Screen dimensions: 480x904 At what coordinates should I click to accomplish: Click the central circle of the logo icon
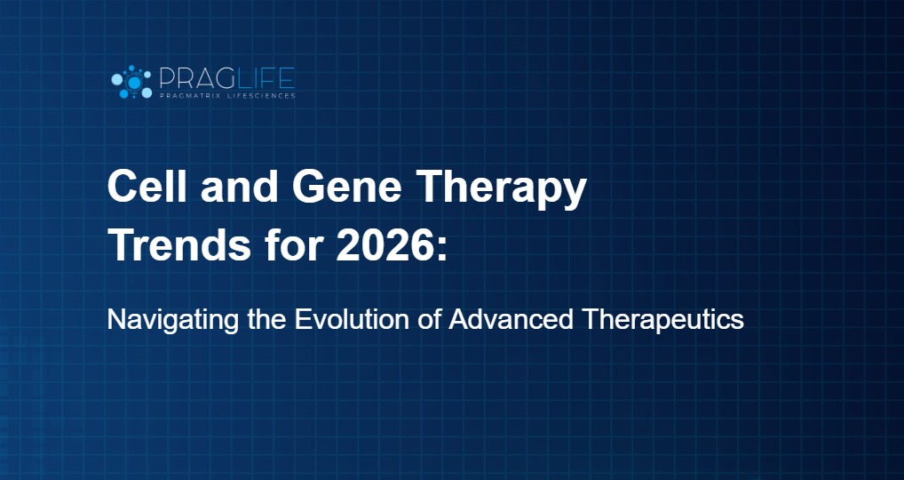point(134,82)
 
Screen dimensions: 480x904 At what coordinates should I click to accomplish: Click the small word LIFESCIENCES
point(262,95)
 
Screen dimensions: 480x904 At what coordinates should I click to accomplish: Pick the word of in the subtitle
point(430,320)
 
